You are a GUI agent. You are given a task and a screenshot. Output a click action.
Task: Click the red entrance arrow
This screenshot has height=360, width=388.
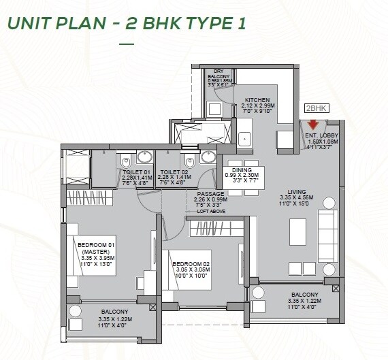point(313,125)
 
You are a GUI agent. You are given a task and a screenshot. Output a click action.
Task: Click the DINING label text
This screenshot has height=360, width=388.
point(242,170)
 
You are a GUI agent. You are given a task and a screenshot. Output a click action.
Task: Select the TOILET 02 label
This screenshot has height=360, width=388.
point(171,173)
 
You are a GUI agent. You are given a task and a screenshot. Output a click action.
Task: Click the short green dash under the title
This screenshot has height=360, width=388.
point(127,44)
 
